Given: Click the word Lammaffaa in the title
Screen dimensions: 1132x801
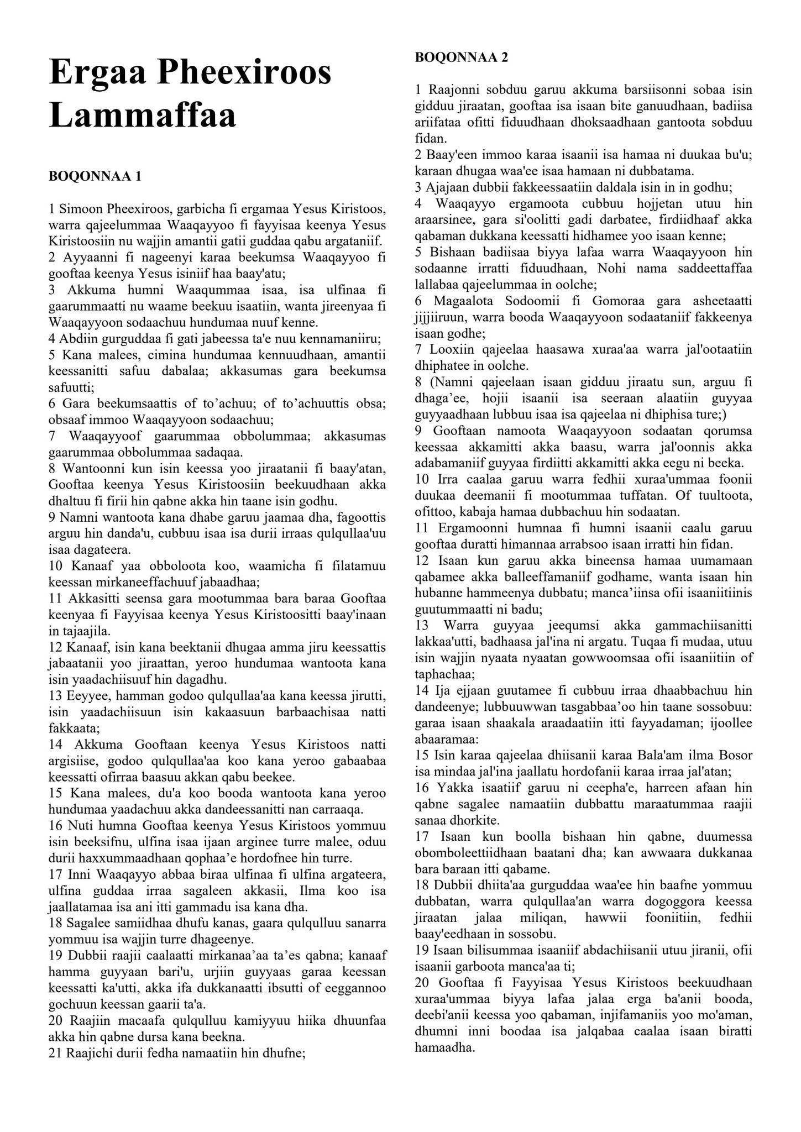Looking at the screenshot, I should [142, 115].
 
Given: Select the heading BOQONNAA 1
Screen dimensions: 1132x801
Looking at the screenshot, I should [95, 176].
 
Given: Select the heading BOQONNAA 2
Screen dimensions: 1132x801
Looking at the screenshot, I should [461, 57].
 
